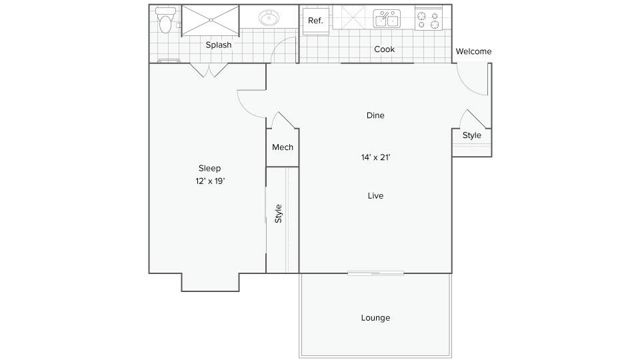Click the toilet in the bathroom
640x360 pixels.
(x=165, y=20)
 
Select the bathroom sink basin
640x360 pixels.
(x=269, y=17)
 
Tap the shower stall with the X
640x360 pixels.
(x=210, y=21)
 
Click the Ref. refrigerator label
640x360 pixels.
(x=315, y=21)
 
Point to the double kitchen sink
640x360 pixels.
(x=387, y=19)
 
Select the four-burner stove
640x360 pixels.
(x=428, y=19)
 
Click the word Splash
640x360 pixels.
(x=219, y=45)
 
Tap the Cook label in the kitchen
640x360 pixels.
(x=384, y=49)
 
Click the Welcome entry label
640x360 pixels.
(x=473, y=51)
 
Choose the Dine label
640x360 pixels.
(x=375, y=115)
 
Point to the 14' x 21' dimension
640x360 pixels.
(x=375, y=157)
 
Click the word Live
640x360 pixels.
(x=375, y=196)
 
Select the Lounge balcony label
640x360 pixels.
(x=375, y=318)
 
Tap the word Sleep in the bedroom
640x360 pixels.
(x=210, y=168)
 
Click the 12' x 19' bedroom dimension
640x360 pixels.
(x=210, y=181)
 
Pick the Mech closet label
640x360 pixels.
(x=283, y=147)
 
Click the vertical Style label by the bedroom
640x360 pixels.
(x=279, y=213)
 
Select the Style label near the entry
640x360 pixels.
(x=472, y=135)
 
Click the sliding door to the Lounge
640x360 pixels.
(x=375, y=273)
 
